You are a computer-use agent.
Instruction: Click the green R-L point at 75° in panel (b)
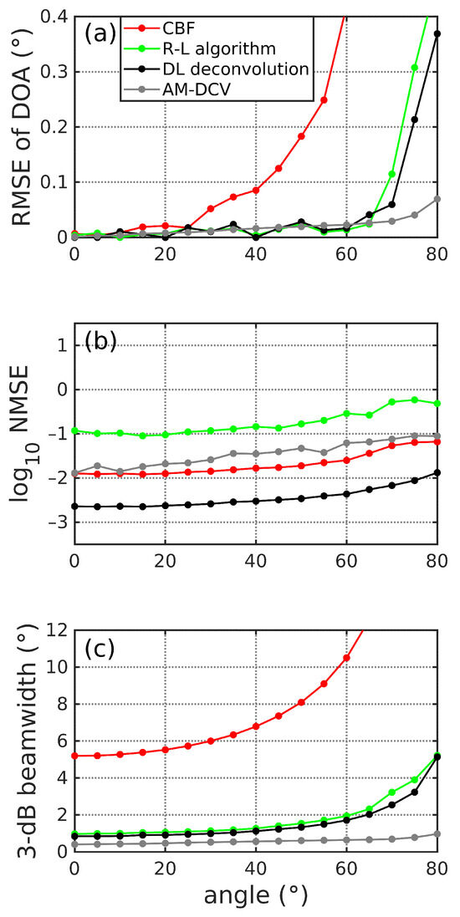(415, 400)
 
